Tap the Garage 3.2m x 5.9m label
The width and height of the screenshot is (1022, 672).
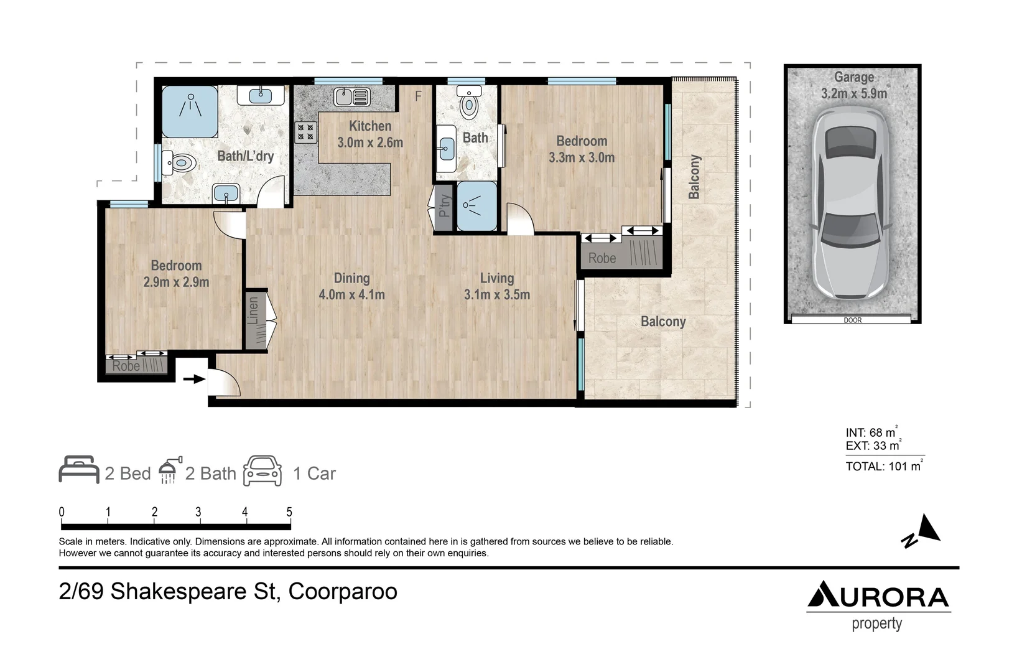pos(853,85)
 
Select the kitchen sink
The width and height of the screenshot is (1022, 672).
pos(351,97)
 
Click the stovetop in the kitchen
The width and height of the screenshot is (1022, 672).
pos(305,131)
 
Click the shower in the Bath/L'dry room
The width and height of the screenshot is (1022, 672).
pos(190,111)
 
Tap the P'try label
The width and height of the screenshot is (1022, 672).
pos(444,206)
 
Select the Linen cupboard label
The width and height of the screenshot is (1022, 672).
pos(253,311)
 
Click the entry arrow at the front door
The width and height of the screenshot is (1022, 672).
pos(194,378)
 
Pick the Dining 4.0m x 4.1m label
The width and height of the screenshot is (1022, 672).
pos(351,286)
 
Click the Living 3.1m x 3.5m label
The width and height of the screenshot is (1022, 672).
pos(496,286)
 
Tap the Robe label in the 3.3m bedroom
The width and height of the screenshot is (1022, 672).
pos(602,258)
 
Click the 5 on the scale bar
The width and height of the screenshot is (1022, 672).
pos(289,512)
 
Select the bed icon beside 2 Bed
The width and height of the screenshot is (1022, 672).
pos(79,470)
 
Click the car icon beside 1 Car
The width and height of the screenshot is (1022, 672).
pos(262,471)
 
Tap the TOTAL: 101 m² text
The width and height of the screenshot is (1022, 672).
pos(883,466)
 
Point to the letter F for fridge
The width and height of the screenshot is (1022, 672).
pos(419,96)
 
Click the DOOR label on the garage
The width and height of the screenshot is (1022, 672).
pos(852,320)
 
